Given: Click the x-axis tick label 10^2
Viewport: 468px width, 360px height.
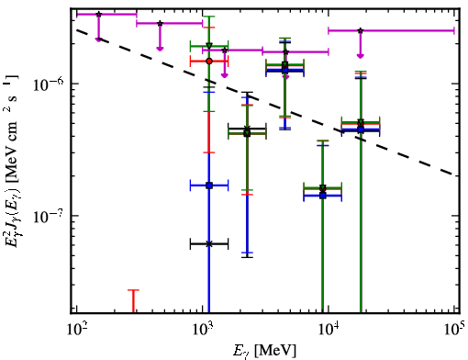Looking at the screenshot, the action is point(76,331).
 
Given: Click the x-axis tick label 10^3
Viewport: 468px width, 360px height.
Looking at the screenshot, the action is point(202,331).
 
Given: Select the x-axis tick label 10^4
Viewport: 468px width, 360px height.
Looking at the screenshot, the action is point(328,331).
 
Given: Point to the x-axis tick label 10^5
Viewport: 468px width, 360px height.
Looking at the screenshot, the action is point(453,331).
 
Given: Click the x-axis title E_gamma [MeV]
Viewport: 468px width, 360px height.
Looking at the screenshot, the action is point(264,351).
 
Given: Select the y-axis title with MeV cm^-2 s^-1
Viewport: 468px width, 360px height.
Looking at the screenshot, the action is point(12,163).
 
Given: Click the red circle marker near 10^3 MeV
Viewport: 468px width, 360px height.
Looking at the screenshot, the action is point(209,62).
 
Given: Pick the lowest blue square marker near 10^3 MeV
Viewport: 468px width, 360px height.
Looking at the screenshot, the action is point(209,186).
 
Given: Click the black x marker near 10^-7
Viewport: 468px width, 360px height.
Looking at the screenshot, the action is point(209,244).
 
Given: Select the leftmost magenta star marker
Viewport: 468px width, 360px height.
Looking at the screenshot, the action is point(98,14).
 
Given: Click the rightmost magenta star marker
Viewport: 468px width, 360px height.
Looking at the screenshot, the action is point(361,30).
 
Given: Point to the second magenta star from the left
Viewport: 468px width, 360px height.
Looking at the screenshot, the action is point(160,23).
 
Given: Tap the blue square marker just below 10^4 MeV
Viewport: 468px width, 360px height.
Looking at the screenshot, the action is point(323,196).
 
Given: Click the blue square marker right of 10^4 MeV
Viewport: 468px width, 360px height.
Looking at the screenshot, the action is point(361,129).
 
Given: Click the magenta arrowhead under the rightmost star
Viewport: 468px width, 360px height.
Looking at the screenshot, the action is point(361,56).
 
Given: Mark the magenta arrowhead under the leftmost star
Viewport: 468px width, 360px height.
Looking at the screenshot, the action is point(98,39).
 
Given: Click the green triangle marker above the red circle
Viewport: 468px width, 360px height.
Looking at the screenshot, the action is point(209,46).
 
